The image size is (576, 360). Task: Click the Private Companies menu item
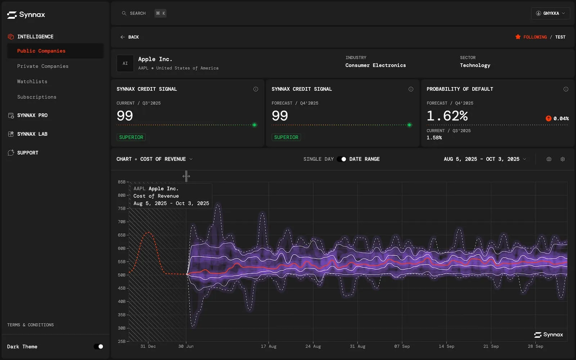click(x=42, y=66)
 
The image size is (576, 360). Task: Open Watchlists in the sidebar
click(x=32, y=82)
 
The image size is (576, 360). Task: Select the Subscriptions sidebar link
click(x=37, y=97)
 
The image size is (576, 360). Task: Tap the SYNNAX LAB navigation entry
click(x=32, y=134)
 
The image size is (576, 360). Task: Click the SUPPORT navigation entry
click(x=27, y=153)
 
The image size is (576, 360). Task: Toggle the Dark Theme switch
click(x=98, y=347)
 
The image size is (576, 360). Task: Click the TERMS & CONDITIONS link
click(x=30, y=325)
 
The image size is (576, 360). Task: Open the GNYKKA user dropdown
click(x=550, y=13)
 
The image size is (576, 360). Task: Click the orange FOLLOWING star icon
click(x=518, y=37)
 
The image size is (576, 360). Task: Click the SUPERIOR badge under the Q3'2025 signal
click(x=131, y=137)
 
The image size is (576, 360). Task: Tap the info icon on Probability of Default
click(x=566, y=89)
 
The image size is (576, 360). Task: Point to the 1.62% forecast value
click(x=447, y=116)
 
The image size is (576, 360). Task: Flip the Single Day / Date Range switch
click(x=342, y=159)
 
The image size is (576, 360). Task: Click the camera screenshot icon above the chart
click(x=549, y=159)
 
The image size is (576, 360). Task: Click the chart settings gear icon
click(x=563, y=159)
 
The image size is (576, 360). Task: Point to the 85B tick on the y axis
click(x=122, y=182)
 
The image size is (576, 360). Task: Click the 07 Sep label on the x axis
click(x=402, y=346)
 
